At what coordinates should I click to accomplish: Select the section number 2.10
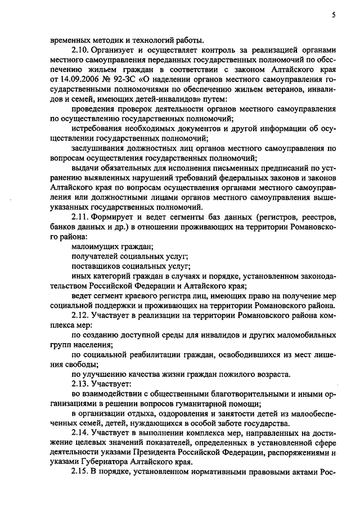[x=82, y=50]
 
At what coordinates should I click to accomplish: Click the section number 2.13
[x=82, y=384]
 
